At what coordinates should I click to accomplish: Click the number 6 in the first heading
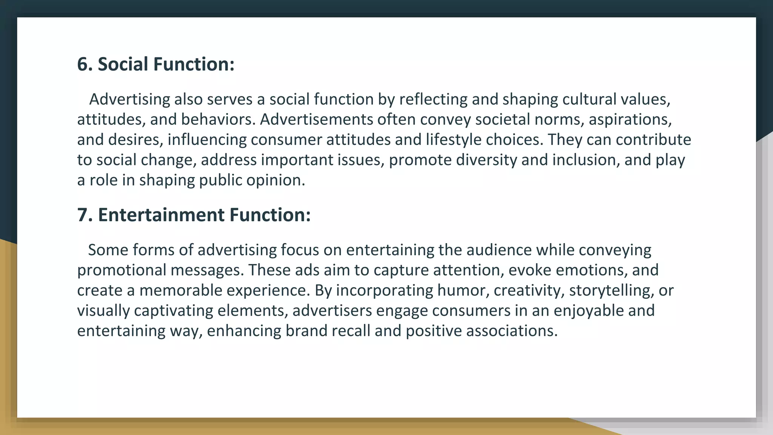tap(82, 64)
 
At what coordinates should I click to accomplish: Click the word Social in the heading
tap(123, 64)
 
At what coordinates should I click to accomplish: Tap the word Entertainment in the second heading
tap(161, 215)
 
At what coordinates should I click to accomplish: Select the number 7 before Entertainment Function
tap(82, 215)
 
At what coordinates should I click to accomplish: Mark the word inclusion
tap(586, 160)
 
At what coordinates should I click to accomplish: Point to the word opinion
tap(276, 180)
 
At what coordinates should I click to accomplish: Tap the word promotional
tap(122, 270)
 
